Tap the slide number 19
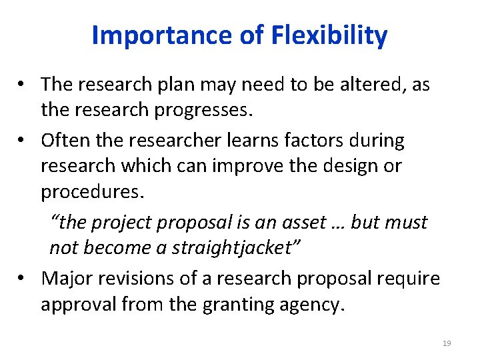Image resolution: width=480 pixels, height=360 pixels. coord(447,343)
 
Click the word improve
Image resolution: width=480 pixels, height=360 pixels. coord(245,165)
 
